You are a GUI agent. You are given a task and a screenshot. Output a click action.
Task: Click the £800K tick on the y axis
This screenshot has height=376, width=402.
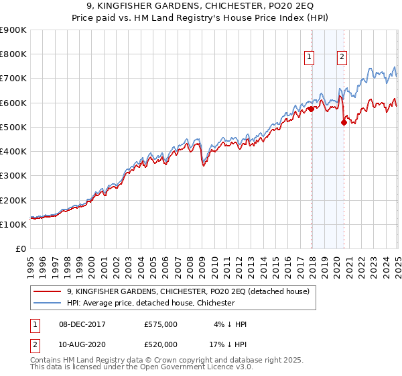(x=13, y=54)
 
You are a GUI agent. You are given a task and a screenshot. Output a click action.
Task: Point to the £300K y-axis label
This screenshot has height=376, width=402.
(x=13, y=176)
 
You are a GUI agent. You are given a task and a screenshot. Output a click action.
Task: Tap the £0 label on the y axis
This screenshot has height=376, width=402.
(x=20, y=249)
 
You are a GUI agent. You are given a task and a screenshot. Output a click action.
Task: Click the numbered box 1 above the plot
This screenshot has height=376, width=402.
(x=310, y=58)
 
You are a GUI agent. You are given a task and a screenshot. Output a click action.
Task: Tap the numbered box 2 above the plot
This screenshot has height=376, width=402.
(x=342, y=58)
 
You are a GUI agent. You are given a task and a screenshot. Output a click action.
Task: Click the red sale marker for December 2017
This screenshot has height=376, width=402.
(x=312, y=109)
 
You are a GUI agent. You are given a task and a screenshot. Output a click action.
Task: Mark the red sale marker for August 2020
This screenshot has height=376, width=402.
(x=344, y=122)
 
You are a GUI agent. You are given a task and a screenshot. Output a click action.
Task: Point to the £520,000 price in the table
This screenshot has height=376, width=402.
(x=161, y=344)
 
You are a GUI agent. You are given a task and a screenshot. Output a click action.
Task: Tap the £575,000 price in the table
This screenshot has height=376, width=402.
(x=161, y=324)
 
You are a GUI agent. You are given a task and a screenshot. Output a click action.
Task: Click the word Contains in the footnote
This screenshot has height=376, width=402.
(x=47, y=362)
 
